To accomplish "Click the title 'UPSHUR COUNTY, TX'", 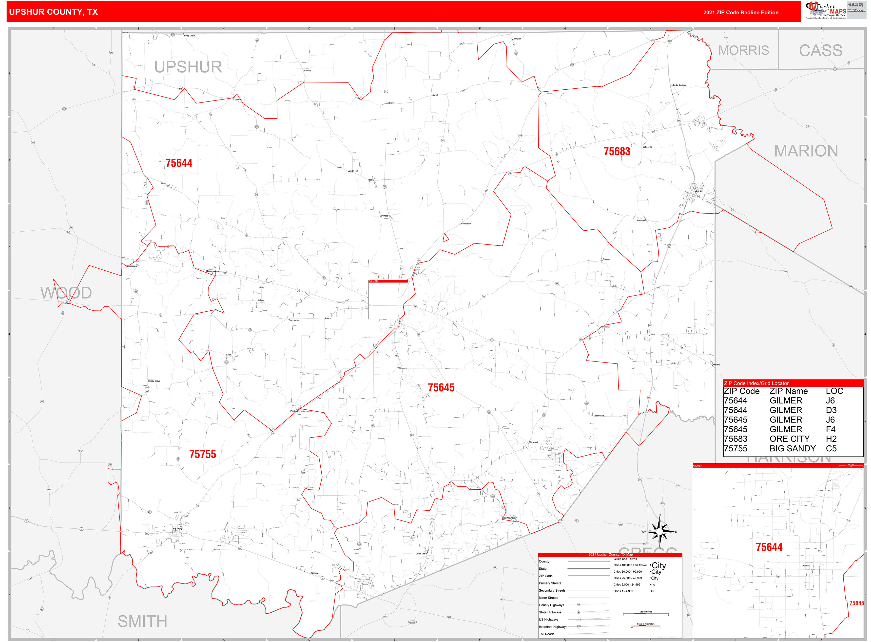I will pos(53,12).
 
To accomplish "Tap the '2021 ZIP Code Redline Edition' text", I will pos(740,12).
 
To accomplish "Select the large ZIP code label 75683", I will pos(617,152).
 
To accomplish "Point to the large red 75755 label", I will pos(202,454).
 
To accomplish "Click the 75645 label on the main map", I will pos(441,387).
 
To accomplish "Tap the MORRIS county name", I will pos(743,51).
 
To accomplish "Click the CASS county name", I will pos(820,51).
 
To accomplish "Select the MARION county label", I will pos(806,151).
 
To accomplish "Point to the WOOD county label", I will pos(66,293).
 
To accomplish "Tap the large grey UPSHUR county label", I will pos(188,67).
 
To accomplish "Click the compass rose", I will pos(659,531).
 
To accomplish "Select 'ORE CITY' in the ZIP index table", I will pos(789,439).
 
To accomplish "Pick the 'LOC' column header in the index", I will pos(834,391).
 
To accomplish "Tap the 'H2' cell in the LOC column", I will pos(831,439).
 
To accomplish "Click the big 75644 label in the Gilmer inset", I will pos(769,547).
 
